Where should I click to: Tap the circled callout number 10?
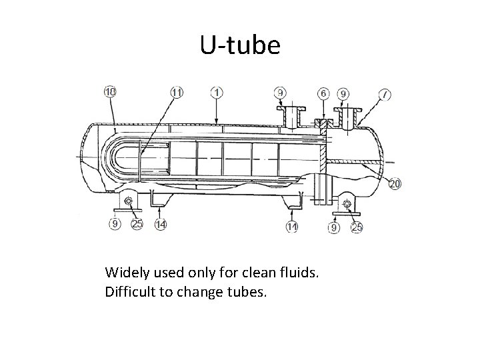(x=110, y=92)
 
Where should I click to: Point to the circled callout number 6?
(x=323, y=93)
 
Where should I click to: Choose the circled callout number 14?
(x=160, y=225)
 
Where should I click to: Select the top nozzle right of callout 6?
(x=349, y=119)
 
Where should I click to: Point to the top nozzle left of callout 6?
(x=290, y=117)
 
